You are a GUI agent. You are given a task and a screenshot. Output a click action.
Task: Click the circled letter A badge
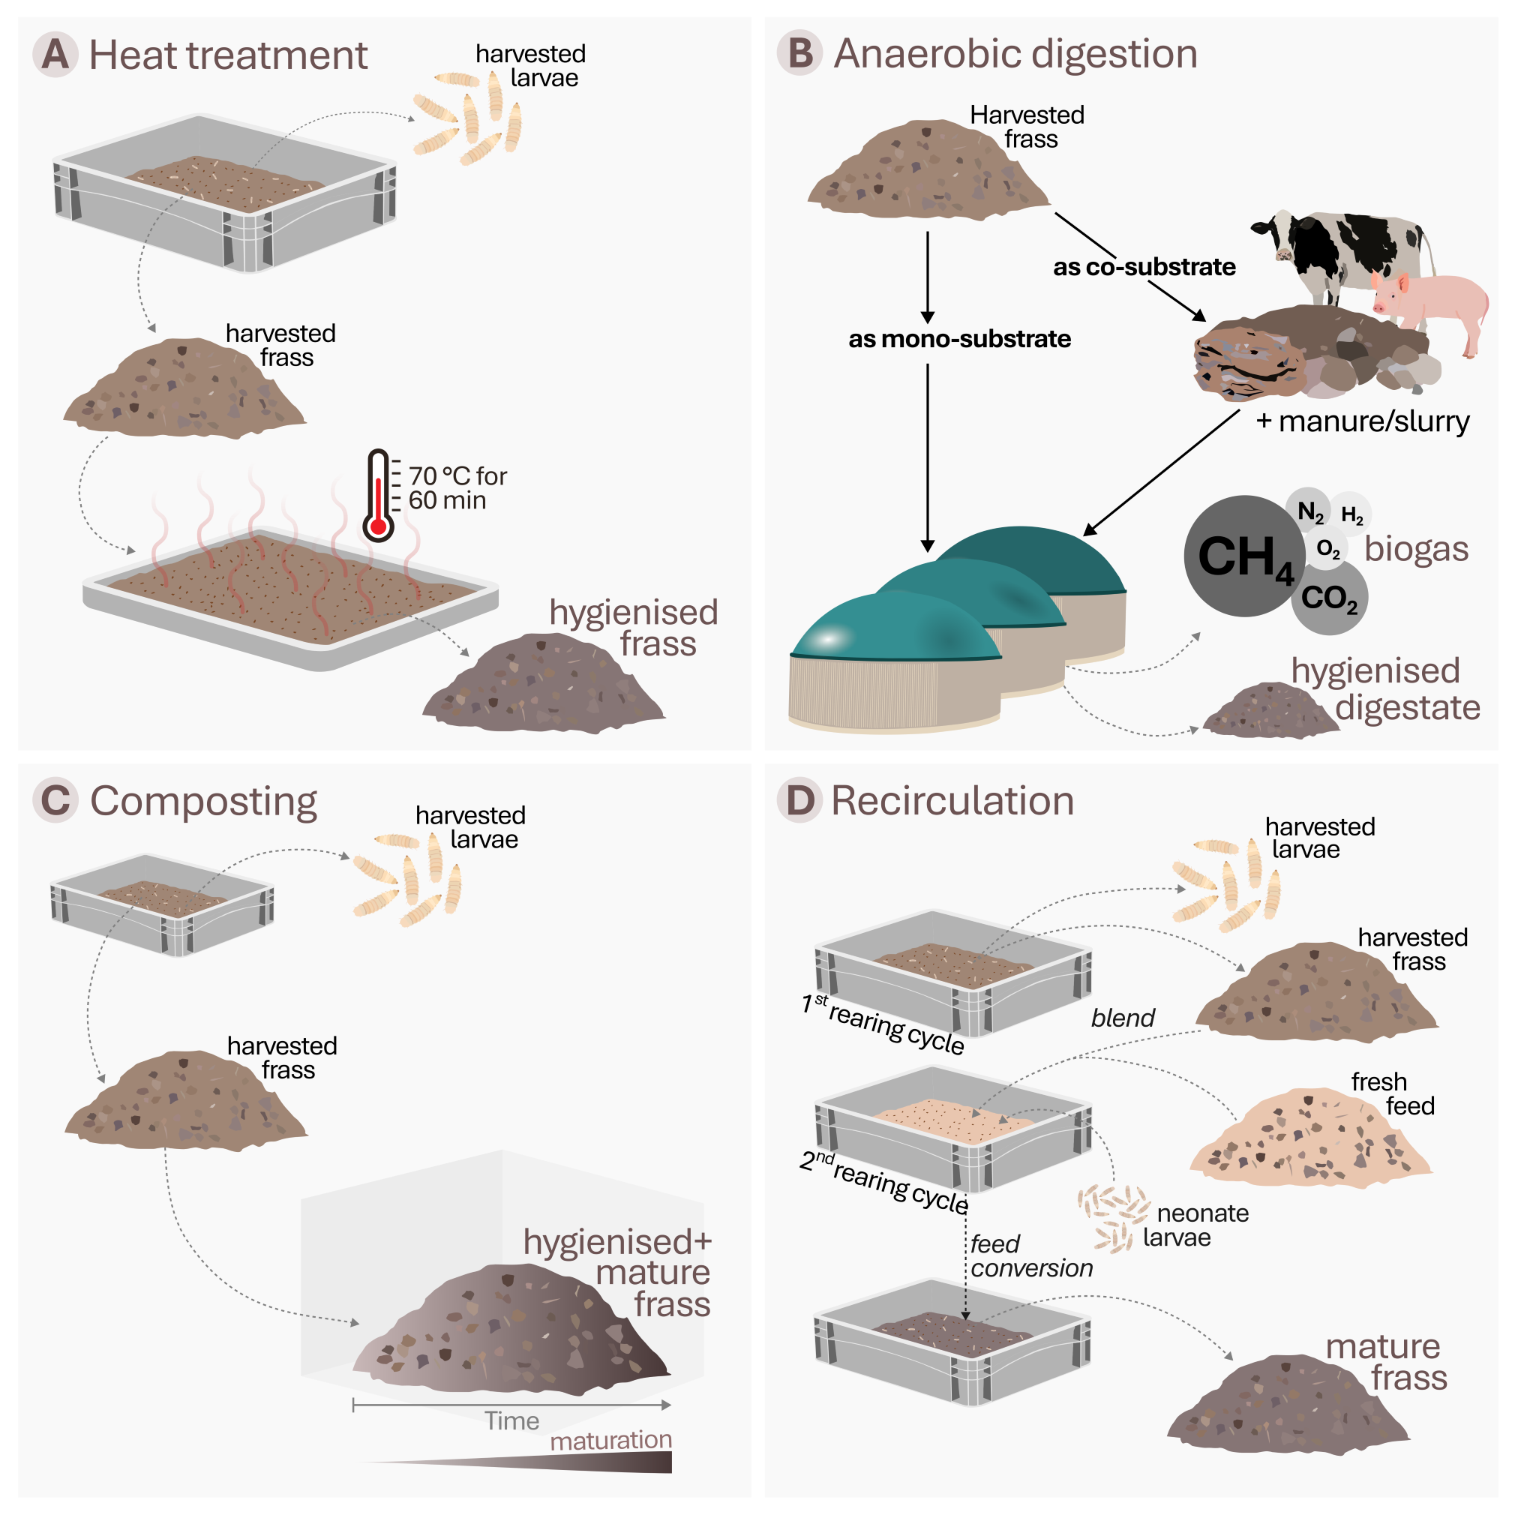(x=55, y=54)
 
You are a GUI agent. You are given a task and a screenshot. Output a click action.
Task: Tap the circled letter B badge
(x=799, y=53)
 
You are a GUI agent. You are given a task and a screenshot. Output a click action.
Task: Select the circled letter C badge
(x=55, y=801)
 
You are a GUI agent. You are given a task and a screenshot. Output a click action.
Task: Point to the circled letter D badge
(x=799, y=801)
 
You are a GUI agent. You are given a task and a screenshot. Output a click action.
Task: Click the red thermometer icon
(x=378, y=496)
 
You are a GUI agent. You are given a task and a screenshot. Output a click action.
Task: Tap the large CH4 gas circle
(x=1243, y=556)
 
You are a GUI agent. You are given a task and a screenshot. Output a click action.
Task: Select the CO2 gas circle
(x=1330, y=598)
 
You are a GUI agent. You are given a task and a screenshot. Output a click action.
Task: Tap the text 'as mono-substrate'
(x=959, y=339)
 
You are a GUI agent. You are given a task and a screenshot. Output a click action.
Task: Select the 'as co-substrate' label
(x=1143, y=266)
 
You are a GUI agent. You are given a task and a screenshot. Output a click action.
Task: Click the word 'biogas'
(x=1415, y=549)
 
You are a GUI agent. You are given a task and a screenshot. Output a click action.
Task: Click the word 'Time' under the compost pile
(x=511, y=1421)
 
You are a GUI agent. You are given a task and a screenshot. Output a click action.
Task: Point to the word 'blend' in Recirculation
(x=1122, y=1018)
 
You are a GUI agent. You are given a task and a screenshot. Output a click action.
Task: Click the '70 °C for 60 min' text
(x=457, y=487)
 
